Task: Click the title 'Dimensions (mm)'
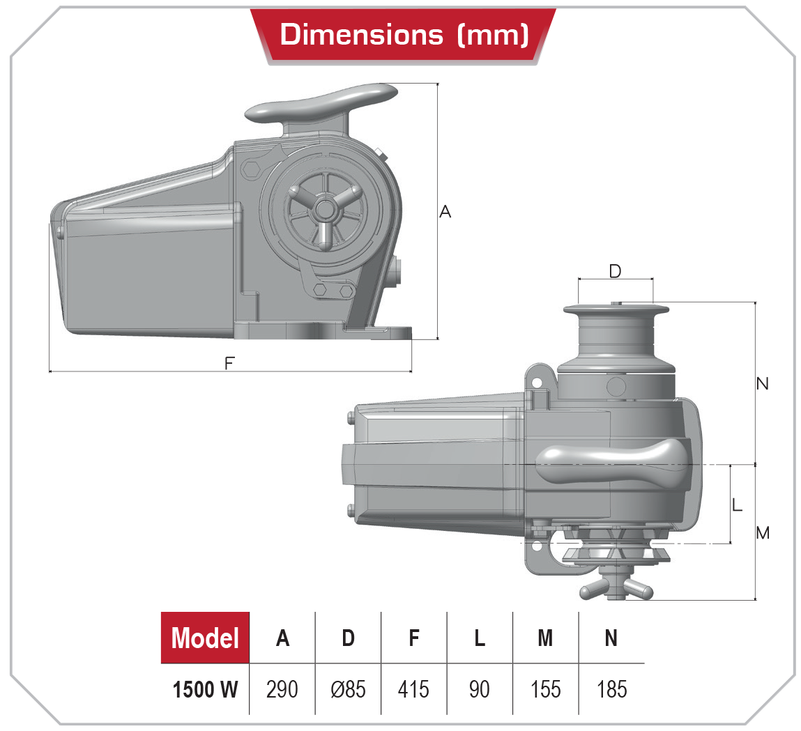click(x=404, y=34)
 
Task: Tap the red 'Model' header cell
click(x=205, y=638)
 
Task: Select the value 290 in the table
click(x=282, y=689)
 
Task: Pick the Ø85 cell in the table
click(x=348, y=689)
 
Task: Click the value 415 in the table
click(x=413, y=689)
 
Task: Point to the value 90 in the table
click(x=480, y=689)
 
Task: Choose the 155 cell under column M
click(x=545, y=689)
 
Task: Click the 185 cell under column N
click(x=611, y=689)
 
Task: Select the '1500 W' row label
click(x=205, y=689)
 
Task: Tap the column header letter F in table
click(x=414, y=638)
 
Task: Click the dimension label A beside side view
click(x=445, y=211)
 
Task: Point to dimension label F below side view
click(x=229, y=363)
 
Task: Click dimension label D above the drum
click(x=615, y=271)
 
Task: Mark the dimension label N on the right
click(x=763, y=384)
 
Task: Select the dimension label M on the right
click(x=763, y=533)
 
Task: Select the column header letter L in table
click(x=480, y=638)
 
